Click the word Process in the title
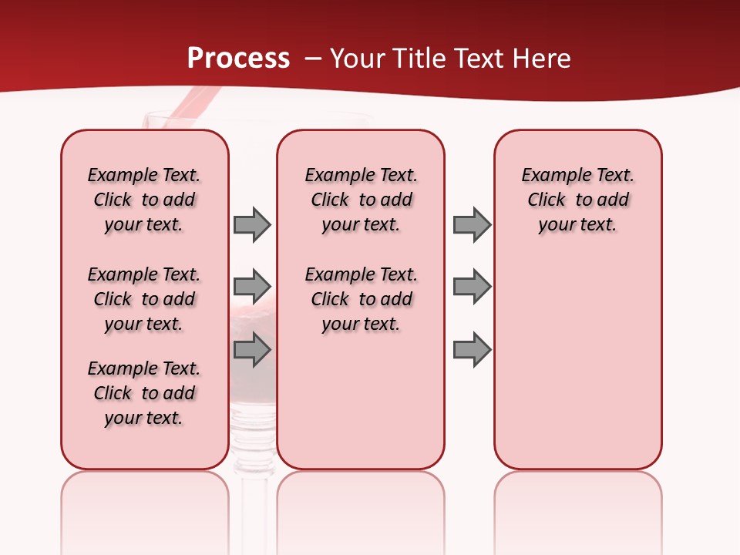238,59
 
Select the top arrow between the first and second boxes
252,224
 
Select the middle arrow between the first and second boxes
252,287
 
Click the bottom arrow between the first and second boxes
252,350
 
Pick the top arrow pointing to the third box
472,224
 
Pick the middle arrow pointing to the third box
472,287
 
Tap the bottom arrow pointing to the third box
472,350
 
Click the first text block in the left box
144,200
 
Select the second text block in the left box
144,299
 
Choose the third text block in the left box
144,393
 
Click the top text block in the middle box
361,200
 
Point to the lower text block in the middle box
361,299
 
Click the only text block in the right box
577,200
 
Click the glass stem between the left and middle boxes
252,493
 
